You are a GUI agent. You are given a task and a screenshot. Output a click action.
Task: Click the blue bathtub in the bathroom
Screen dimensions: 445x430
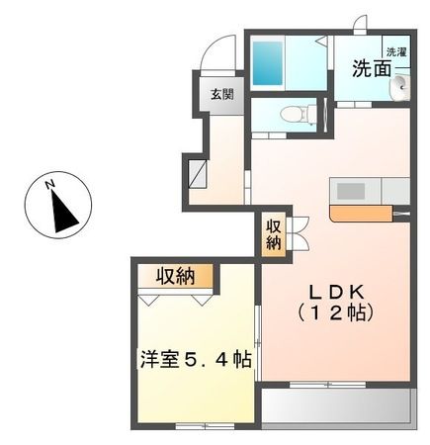point(269,63)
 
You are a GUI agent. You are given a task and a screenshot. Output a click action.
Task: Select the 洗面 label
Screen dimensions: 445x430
point(371,69)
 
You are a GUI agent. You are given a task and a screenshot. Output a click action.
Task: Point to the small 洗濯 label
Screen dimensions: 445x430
point(396,51)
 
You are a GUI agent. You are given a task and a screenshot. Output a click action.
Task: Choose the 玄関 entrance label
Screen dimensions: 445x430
point(221,95)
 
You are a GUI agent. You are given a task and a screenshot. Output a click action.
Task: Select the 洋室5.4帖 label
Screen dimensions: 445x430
point(194,360)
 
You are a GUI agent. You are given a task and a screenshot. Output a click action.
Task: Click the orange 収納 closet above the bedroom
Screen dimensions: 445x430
point(173,275)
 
